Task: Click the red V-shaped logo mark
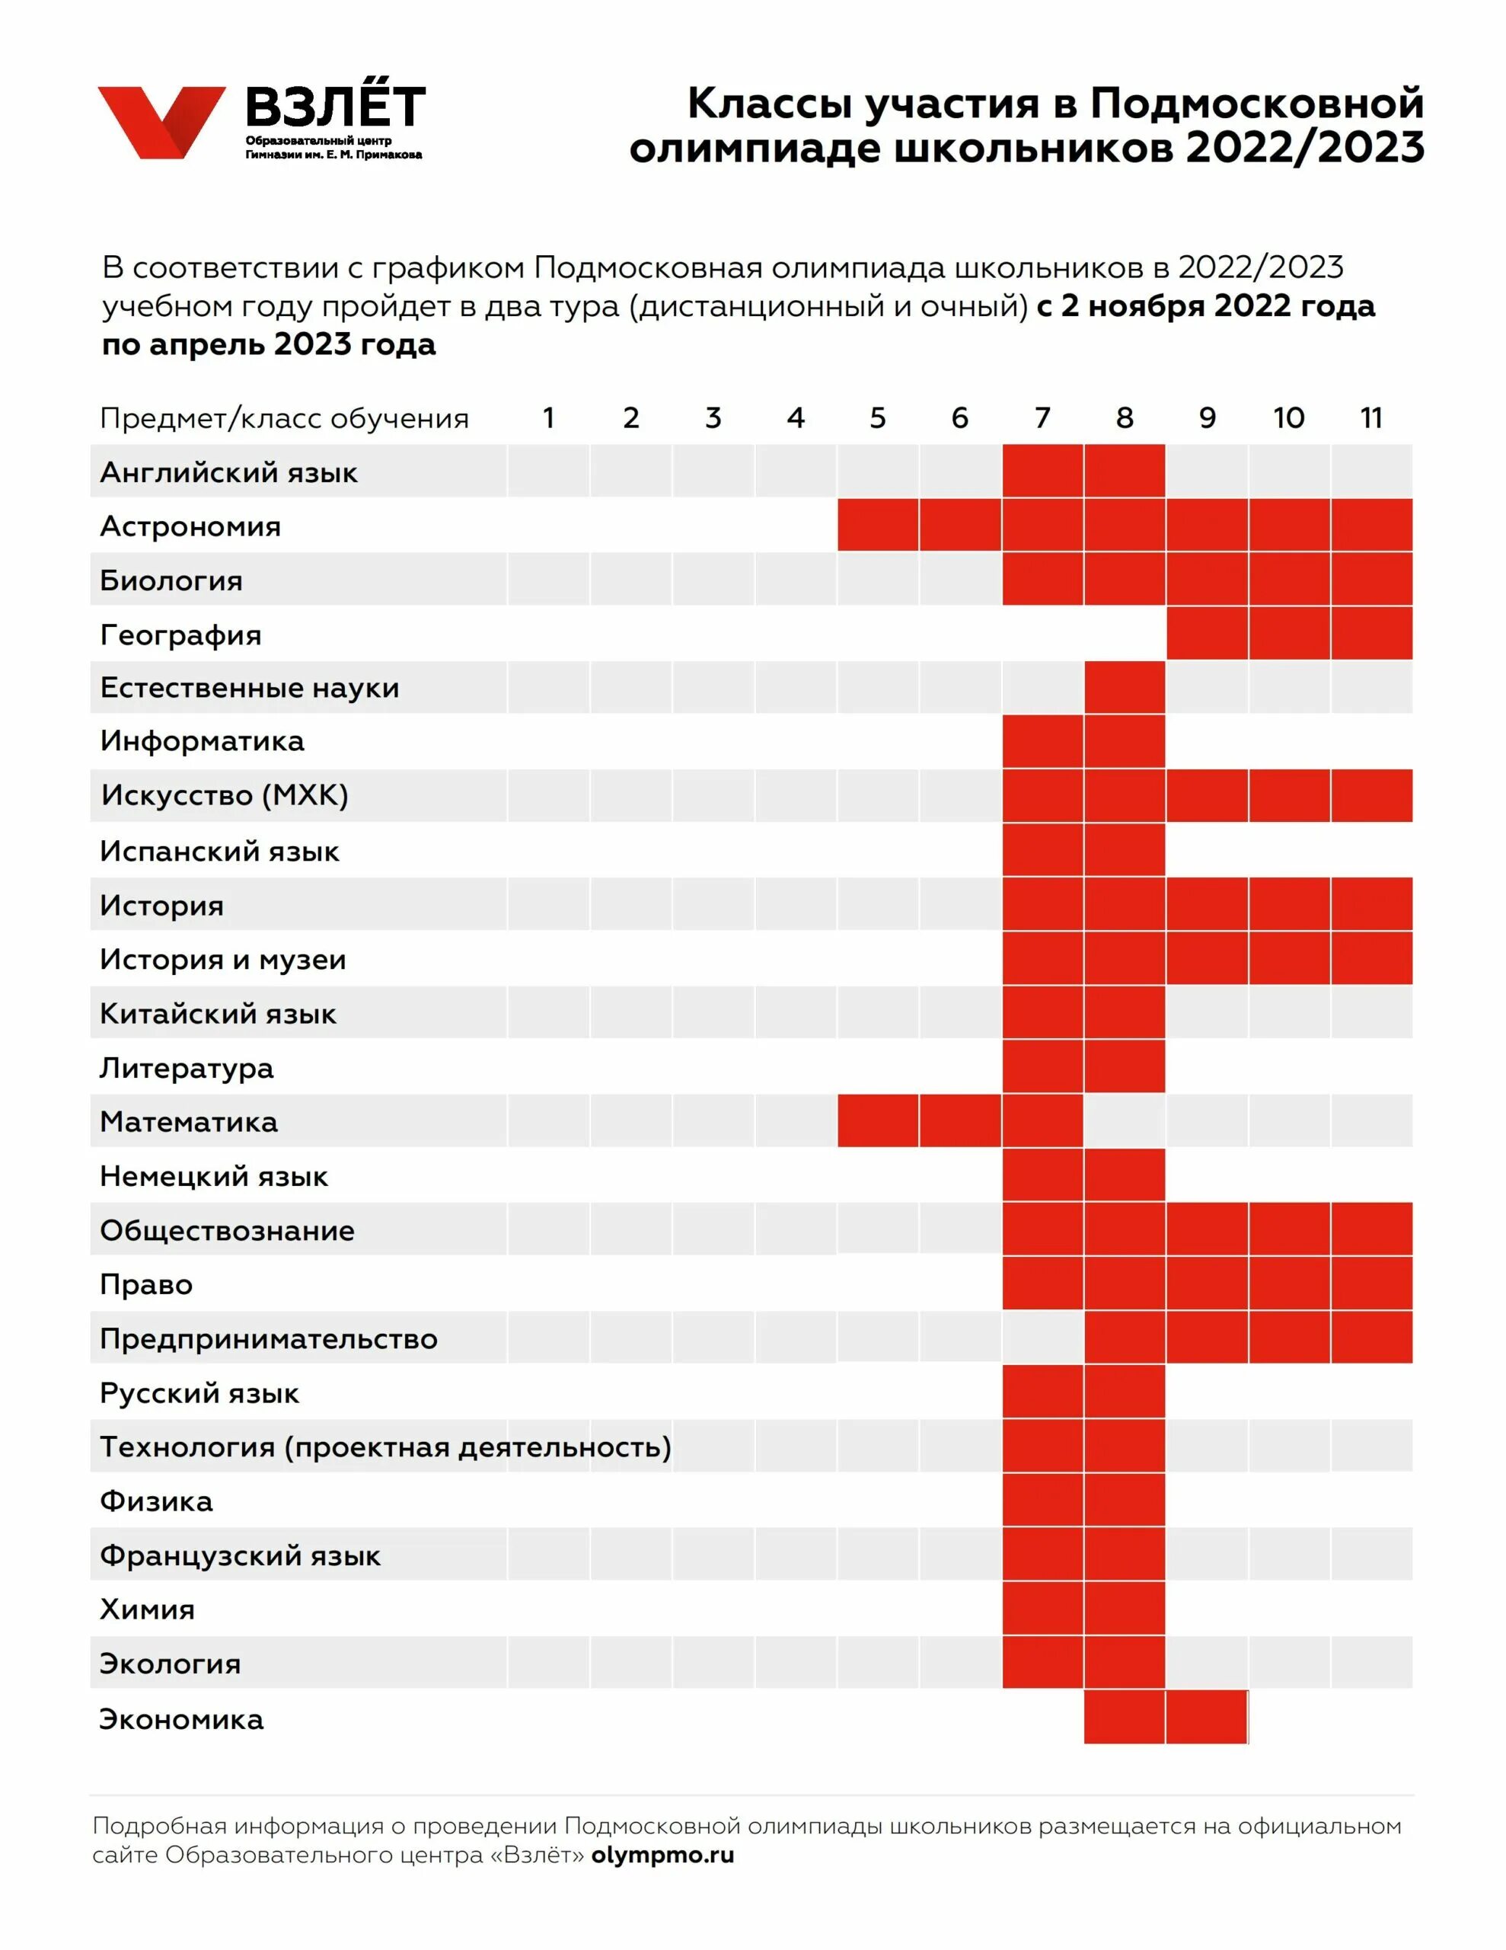click(x=161, y=120)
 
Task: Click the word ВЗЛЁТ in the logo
click(x=336, y=107)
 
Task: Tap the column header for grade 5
click(x=878, y=418)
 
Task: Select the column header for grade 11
click(x=1371, y=418)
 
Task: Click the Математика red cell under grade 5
click(x=878, y=1120)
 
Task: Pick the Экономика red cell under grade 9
click(x=1206, y=1716)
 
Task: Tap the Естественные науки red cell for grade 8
click(x=1124, y=688)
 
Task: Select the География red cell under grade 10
click(x=1289, y=633)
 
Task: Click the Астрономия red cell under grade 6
click(x=959, y=525)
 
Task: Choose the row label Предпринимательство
click(x=269, y=1339)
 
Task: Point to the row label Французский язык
click(x=240, y=1556)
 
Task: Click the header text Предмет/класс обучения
click(x=284, y=419)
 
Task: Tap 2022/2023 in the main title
click(x=1305, y=147)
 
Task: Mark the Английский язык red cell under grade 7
click(x=1042, y=471)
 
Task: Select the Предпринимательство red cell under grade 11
click(x=1371, y=1337)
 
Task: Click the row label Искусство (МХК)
click(x=224, y=795)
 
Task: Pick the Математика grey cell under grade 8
click(x=1124, y=1120)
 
